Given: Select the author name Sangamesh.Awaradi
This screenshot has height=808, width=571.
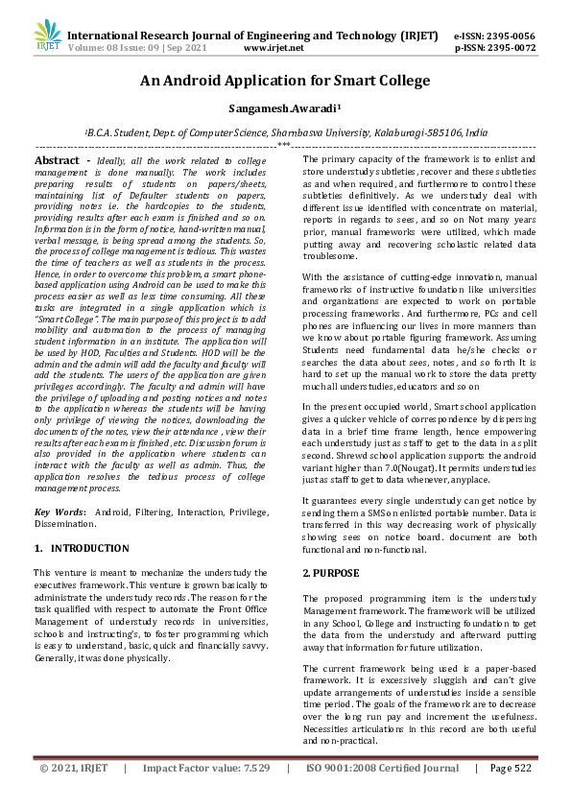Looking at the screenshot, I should [285, 110].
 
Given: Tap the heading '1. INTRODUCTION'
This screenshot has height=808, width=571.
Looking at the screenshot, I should [82, 549].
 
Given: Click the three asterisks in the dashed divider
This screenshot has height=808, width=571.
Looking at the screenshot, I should [285, 146].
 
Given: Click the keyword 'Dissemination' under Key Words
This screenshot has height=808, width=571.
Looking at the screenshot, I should [64, 524].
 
